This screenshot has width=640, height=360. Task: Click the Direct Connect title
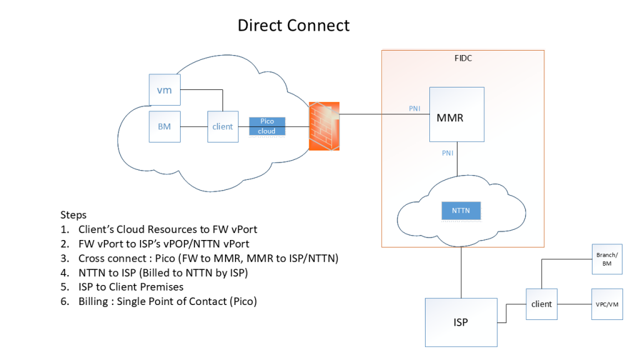[293, 26]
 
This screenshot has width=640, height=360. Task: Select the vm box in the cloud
[164, 90]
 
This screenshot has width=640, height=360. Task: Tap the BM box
[164, 126]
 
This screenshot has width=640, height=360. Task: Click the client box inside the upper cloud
[222, 126]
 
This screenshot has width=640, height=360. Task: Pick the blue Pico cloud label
[267, 126]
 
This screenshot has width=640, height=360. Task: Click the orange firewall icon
[324, 126]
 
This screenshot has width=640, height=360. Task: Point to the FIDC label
[463, 59]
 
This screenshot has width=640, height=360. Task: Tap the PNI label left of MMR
[414, 109]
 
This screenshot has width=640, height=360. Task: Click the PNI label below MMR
[447, 152]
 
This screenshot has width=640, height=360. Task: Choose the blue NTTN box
[461, 211]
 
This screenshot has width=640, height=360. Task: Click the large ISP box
[461, 322]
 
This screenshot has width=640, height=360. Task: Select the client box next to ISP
[541, 304]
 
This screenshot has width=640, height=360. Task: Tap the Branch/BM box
[606, 259]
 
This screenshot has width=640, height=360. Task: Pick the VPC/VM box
[606, 304]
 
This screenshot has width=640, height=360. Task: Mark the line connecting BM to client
[194, 126]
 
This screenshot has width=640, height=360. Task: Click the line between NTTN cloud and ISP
[461, 272]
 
